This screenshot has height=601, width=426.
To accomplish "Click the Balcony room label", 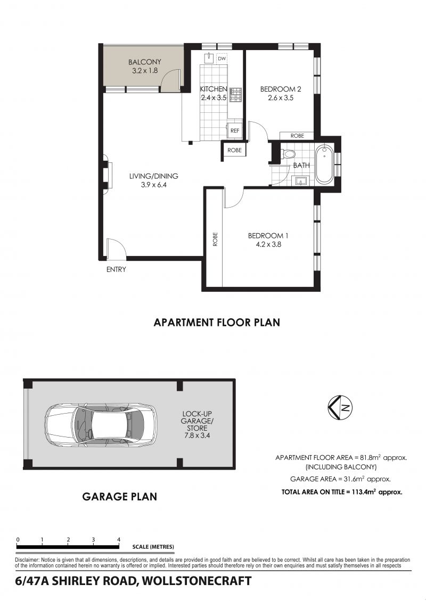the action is click(144, 62).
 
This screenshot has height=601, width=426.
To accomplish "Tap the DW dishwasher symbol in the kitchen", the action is click(222, 59).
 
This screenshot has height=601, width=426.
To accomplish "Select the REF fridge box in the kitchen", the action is click(235, 131).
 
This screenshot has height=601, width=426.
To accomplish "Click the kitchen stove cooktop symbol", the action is click(235, 94).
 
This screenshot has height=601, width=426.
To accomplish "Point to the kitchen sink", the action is click(209, 57).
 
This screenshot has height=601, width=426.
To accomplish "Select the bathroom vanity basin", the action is click(301, 180).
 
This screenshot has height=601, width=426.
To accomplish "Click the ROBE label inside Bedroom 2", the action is click(297, 136).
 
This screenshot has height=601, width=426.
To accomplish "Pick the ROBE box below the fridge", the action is click(234, 150).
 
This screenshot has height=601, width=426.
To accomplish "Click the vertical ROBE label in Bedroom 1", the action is click(215, 239).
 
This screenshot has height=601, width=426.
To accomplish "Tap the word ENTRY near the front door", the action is click(116, 269).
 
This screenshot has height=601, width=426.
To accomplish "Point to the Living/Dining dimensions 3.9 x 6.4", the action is click(153, 185).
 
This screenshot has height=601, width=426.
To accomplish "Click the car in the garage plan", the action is click(101, 425).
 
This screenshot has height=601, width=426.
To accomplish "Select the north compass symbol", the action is click(340, 407).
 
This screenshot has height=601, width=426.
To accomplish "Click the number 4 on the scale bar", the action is click(119, 539).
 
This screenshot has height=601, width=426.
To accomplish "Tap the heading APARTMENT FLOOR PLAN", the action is click(217, 323).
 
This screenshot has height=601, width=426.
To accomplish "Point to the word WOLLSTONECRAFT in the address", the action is click(196, 581).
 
